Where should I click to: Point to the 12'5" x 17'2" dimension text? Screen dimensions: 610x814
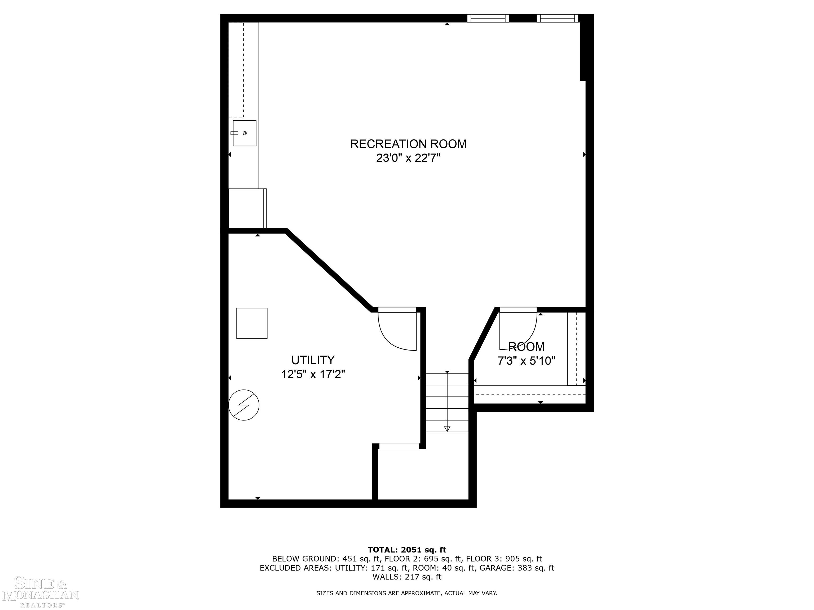point(313,374)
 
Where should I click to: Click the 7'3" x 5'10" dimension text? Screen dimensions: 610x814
point(526,361)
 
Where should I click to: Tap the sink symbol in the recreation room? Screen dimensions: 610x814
point(244,133)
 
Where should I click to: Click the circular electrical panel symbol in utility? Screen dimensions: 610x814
point(244,405)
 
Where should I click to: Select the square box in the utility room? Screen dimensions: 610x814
point(252,323)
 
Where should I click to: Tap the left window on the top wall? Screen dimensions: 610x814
point(488,18)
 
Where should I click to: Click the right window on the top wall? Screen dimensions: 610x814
point(557,18)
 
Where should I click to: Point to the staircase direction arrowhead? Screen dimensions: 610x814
point(447,428)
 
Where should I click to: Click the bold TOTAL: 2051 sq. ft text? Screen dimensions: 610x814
point(407,550)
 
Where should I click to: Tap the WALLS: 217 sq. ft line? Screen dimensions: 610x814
point(407,577)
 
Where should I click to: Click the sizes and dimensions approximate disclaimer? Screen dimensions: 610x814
point(407,593)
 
